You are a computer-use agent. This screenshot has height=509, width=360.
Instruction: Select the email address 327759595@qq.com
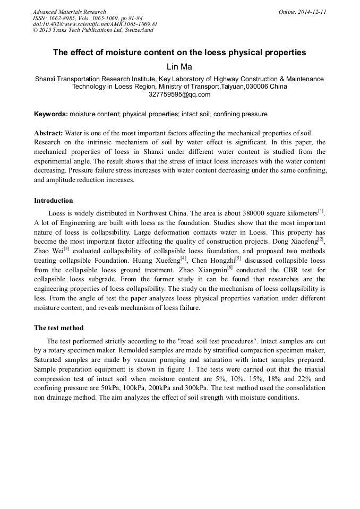[179, 94]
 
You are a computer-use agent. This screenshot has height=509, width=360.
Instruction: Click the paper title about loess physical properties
[179, 53]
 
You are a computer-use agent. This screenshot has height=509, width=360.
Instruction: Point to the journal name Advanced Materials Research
[69, 12]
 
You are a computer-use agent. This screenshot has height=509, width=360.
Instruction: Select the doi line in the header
[95, 24]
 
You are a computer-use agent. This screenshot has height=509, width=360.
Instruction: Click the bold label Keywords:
[50, 114]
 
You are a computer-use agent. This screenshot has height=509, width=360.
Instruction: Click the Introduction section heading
[54, 201]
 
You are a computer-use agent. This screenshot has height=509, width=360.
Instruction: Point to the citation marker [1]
[321, 211]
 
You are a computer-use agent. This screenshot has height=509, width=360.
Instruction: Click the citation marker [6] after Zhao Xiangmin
[230, 267]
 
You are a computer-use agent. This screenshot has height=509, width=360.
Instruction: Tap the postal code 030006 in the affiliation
[257, 87]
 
